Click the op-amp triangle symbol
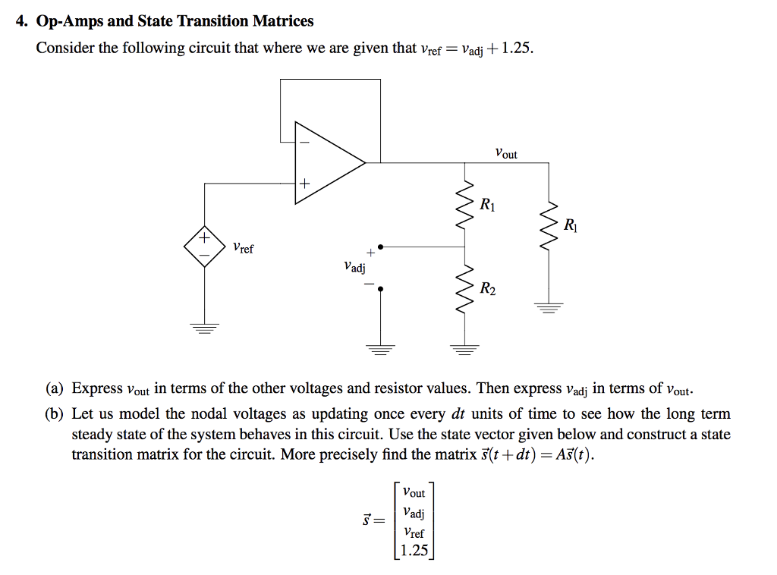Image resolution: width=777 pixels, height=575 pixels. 326,162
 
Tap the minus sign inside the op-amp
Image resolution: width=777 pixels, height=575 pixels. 304,141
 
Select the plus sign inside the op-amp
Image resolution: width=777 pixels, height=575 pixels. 304,183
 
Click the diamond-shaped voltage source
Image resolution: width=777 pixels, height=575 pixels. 204,246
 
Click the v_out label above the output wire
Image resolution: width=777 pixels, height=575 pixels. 505,153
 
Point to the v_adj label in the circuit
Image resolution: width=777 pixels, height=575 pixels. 354,267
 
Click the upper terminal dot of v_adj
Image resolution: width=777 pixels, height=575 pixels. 381,247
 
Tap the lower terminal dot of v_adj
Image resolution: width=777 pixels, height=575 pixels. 381,288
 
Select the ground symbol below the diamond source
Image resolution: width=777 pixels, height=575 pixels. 204,328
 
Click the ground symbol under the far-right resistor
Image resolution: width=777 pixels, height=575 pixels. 548,308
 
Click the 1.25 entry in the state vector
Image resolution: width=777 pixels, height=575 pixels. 414,551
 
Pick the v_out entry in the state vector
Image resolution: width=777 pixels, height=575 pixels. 414,492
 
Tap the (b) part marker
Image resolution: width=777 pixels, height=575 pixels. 54,414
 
